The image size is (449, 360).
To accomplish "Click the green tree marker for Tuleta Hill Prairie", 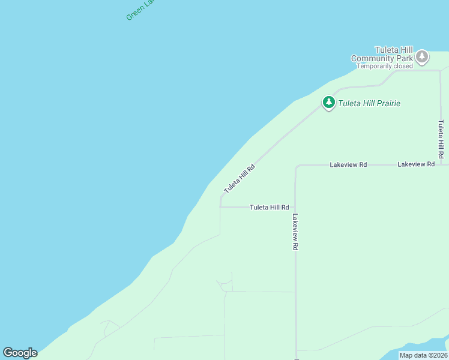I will coord(328,103).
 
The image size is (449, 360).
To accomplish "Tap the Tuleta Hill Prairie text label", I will coord(369,103).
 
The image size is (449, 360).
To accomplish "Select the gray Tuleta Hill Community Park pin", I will coord(422,57).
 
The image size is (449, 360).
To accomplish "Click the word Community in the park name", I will coord(373,59).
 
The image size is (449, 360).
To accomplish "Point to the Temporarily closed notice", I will coord(385,67).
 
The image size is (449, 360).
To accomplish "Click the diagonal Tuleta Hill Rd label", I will coord(240,178).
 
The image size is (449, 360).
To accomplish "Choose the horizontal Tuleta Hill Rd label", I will coord(270,208).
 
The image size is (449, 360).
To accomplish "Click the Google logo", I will coord(20,353).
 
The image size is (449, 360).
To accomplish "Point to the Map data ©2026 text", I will coord(423,355).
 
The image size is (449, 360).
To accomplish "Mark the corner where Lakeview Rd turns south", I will coord(296,166).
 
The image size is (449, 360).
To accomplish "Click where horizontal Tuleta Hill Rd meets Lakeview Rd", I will coord(295,208).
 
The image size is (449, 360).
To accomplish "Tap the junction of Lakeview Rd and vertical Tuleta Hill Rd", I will coord(441,164).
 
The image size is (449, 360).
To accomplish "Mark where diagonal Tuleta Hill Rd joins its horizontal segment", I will coord(220,207).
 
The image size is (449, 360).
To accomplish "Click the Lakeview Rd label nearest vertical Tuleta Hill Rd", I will coord(415,164).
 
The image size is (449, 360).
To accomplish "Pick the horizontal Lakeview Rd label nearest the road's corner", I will coord(348,164).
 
